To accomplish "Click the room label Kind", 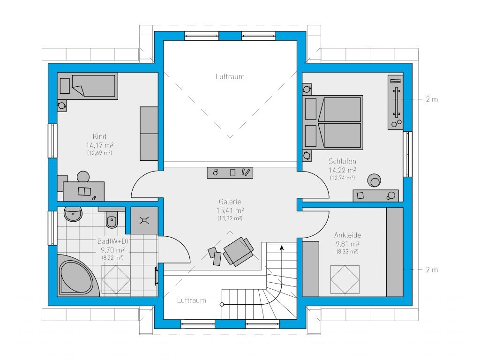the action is point(99,136).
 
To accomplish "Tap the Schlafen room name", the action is point(342,161).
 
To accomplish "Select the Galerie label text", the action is point(230,202).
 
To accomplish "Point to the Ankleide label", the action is point(347,235).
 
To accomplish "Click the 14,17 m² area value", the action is point(100,145).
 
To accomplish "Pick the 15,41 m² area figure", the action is point(230,210).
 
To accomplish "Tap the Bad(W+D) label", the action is point(112,241).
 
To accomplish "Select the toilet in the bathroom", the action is point(112,219).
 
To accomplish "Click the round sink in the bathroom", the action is point(73,214).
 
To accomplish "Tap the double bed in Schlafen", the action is point(332,122).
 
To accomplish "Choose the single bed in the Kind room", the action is point(88,86).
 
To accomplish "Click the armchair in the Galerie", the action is point(239,251).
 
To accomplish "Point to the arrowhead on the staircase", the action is point(282,247).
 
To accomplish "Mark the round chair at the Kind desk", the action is point(83,177).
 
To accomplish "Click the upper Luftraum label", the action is point(230,76).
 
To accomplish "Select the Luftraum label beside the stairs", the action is point(192,300).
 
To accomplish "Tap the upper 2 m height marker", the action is point(432,99).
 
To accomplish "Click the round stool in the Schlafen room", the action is point(374,180).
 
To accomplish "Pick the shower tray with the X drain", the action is point(144,220).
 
